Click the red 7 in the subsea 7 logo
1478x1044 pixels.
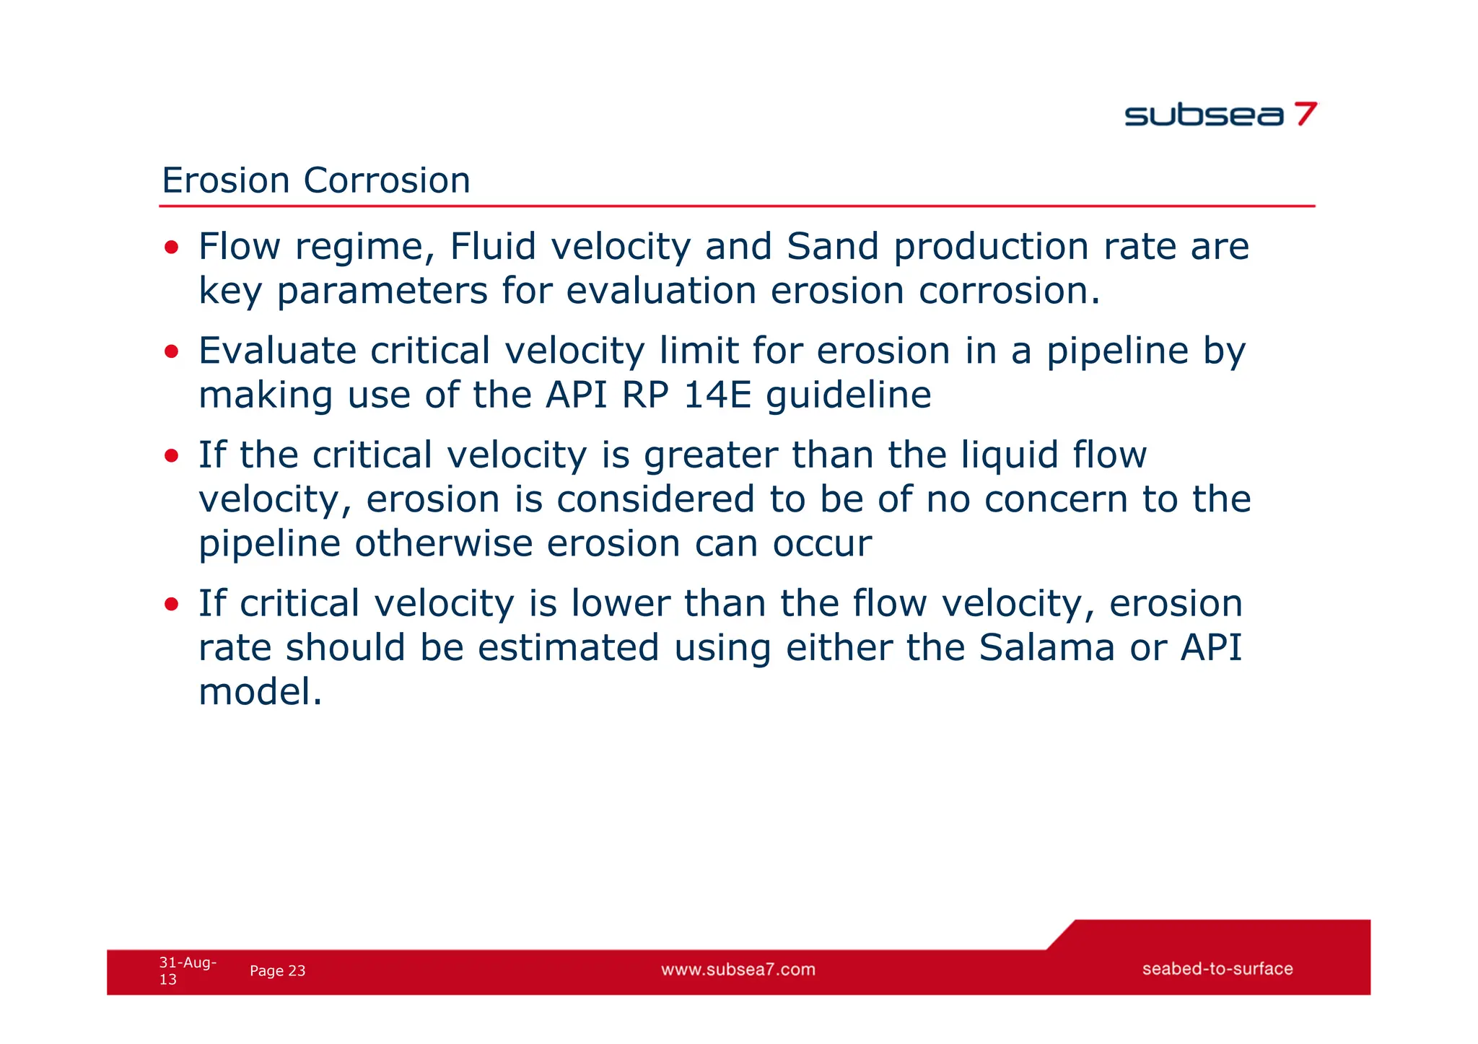coord(1305,114)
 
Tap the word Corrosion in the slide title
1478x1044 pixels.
coord(387,180)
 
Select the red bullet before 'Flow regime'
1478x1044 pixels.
coord(171,248)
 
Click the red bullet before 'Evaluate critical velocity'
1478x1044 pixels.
coord(171,352)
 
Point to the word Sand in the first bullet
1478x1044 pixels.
coord(832,247)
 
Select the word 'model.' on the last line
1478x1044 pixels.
coord(260,692)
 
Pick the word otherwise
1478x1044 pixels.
coord(444,544)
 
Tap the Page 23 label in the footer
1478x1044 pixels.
coord(278,971)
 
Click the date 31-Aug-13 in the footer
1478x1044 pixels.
coord(187,970)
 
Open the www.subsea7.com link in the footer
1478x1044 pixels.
coord(738,970)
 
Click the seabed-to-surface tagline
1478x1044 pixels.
coord(1217,969)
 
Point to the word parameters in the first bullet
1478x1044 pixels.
coord(382,292)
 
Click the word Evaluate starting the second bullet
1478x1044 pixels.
coord(277,351)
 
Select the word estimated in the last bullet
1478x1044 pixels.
coord(569,648)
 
